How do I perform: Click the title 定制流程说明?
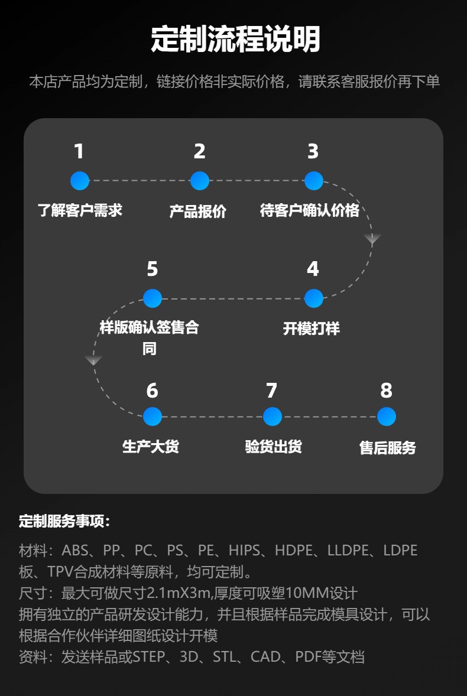click(235, 40)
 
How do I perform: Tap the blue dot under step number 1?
click(80, 181)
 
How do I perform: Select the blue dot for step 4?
click(313, 298)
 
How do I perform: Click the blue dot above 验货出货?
click(273, 417)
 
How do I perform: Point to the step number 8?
click(386, 391)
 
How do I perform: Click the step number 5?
click(153, 269)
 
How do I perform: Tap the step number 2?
click(200, 152)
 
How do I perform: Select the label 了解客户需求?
click(80, 210)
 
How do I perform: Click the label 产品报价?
click(198, 212)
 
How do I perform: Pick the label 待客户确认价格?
click(310, 210)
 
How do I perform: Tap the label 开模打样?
click(312, 329)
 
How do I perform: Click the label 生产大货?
click(151, 447)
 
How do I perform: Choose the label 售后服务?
click(388, 448)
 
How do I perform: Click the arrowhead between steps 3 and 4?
click(372, 239)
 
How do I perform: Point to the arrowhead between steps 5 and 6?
click(93, 360)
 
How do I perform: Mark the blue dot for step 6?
click(153, 417)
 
